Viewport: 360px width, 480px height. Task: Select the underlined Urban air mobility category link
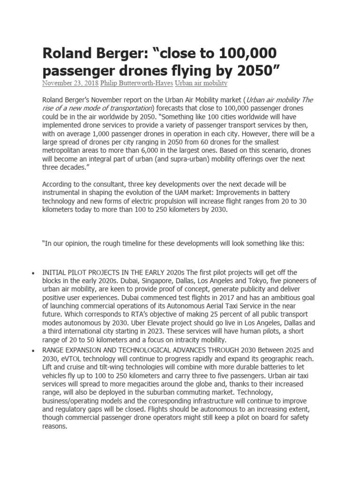(201, 83)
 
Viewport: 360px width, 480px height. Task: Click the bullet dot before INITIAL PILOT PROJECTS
(32, 273)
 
